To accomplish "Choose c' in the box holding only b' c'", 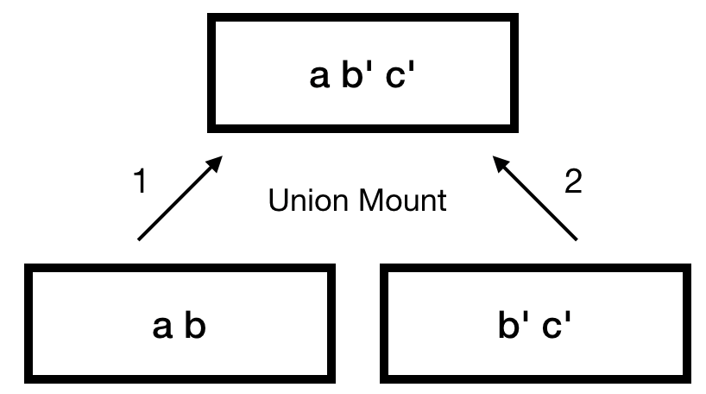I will tap(554, 328).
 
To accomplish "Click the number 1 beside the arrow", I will tap(141, 182).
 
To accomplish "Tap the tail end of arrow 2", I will tap(577, 238).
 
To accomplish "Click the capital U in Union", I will tap(277, 201).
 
